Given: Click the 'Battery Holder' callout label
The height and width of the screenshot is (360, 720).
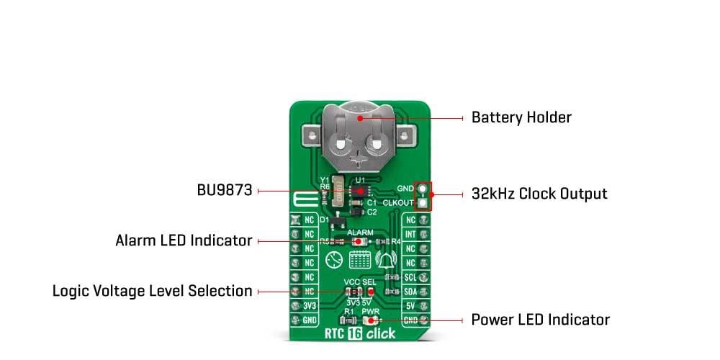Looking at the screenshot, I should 521,117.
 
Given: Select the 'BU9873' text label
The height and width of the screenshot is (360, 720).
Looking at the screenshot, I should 224,191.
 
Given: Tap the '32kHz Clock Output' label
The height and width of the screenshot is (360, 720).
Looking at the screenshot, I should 539,194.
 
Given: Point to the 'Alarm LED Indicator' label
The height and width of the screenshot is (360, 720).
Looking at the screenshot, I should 184,240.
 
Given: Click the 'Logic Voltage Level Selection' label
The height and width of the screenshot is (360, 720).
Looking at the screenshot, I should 153,291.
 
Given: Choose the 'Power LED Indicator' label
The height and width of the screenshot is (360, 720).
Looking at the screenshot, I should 540,319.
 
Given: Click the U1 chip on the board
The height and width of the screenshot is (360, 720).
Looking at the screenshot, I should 360,191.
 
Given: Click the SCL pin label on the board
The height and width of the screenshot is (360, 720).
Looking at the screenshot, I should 410,277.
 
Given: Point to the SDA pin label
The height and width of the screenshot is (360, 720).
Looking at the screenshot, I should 410,291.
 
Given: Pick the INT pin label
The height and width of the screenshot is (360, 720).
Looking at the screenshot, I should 410,234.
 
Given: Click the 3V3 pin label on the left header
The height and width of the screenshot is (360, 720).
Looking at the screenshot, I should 309,305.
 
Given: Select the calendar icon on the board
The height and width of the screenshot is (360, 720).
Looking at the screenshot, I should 359,260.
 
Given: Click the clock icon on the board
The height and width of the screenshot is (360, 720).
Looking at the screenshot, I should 333,260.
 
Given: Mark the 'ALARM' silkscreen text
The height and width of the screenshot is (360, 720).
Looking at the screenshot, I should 360,233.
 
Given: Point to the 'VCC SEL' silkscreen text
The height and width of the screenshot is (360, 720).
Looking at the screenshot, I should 360,281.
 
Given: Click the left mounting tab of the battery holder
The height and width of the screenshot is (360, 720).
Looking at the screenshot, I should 311,135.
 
